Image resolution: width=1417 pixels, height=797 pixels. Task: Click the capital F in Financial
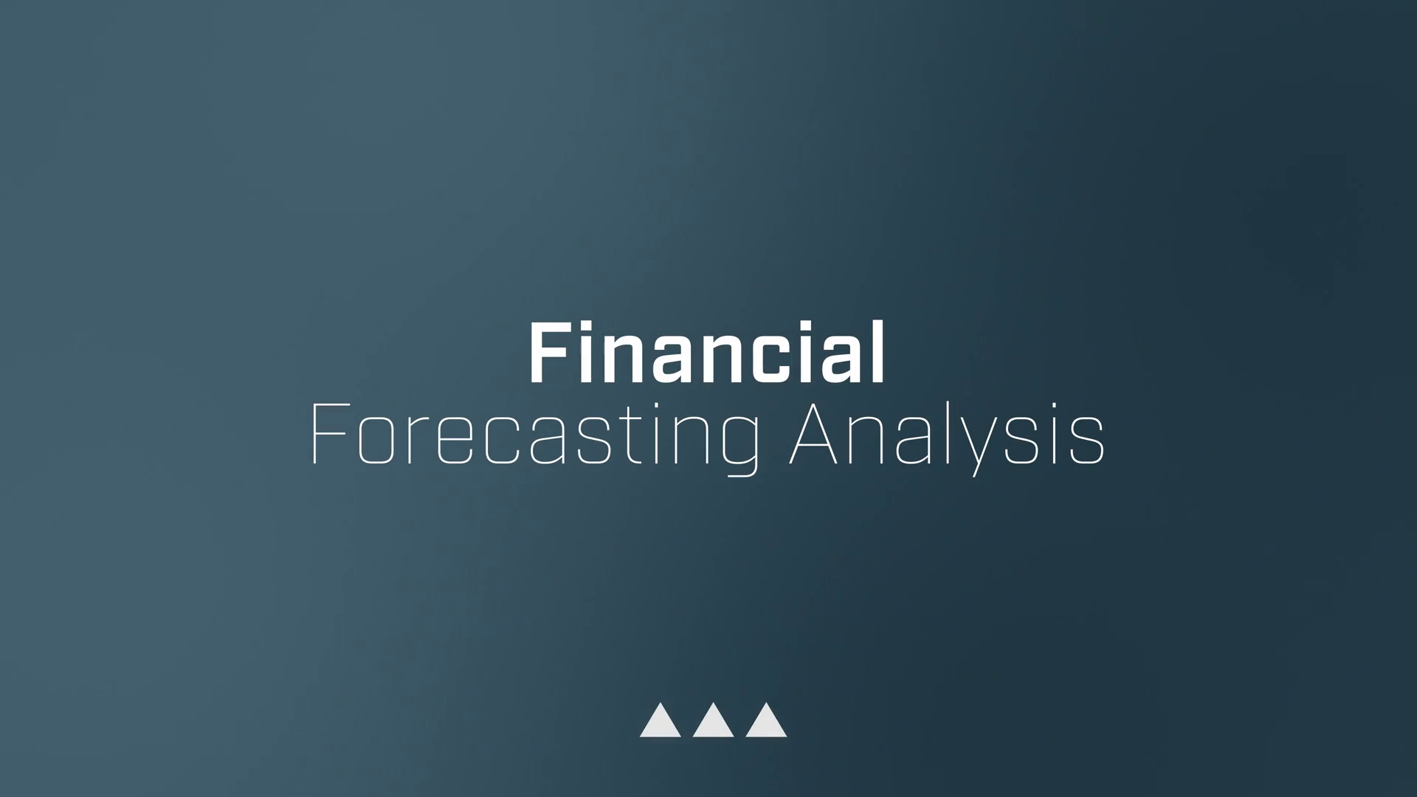pyautogui.click(x=547, y=353)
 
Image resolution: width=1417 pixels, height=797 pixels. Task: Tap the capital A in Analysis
pyautogui.click(x=813, y=434)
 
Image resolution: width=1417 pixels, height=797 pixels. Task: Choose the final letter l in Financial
pyautogui.click(x=878, y=352)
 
